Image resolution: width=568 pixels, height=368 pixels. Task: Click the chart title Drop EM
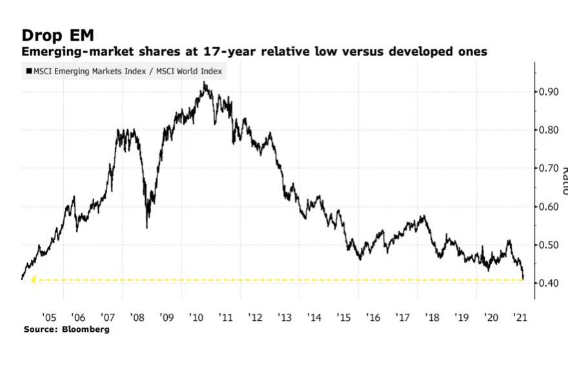(x=57, y=35)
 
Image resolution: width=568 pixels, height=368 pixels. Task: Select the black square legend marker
(x=29, y=72)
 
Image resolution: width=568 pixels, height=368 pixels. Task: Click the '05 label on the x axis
(x=48, y=318)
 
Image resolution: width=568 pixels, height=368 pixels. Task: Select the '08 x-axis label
(x=137, y=318)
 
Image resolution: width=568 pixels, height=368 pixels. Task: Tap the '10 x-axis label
(x=196, y=318)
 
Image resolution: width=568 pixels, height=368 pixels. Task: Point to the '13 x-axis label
(x=285, y=318)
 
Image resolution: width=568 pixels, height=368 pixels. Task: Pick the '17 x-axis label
(x=403, y=318)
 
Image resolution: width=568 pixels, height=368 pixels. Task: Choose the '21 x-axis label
(x=520, y=318)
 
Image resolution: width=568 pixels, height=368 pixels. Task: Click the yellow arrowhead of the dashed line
(x=34, y=280)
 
